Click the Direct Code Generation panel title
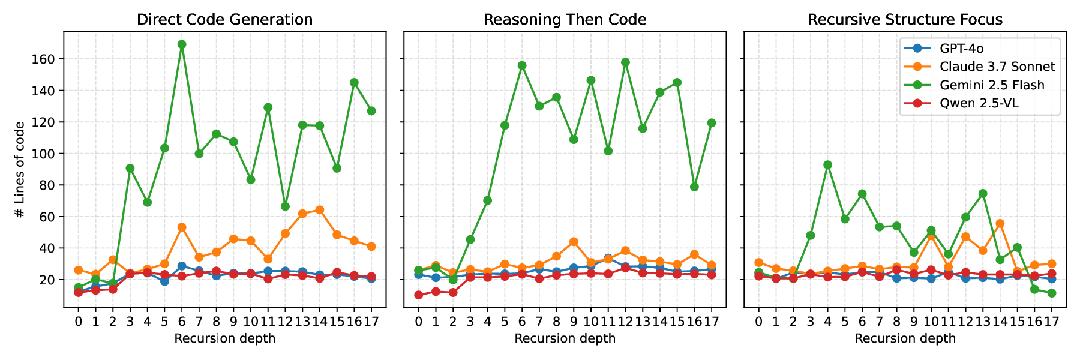pyautogui.click(x=224, y=20)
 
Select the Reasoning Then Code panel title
pyautogui.click(x=565, y=20)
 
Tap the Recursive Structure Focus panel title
pyautogui.click(x=905, y=20)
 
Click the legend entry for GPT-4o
pyautogui.click(x=962, y=49)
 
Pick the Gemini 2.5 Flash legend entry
pyautogui.click(x=992, y=85)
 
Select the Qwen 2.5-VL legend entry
pyautogui.click(x=979, y=103)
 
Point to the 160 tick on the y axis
pyautogui.click(x=47, y=59)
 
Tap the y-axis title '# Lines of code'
pyautogui.click(x=20, y=169)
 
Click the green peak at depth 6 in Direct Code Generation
pyautogui.click(x=182, y=44)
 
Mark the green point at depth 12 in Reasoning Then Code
pyautogui.click(x=625, y=62)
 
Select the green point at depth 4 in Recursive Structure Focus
pyautogui.click(x=828, y=165)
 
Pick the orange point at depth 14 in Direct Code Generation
pyautogui.click(x=320, y=210)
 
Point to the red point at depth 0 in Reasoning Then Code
pyautogui.click(x=418, y=295)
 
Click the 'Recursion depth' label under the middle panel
pyautogui.click(x=565, y=338)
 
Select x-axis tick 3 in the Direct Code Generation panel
pyautogui.click(x=130, y=321)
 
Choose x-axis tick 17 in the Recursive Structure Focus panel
pyautogui.click(x=1052, y=321)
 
